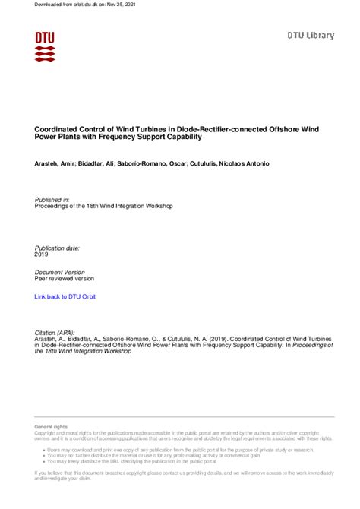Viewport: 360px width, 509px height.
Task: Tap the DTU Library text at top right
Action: coord(311,36)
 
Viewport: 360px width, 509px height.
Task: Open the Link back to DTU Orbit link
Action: coord(65,296)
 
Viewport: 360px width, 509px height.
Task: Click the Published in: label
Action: coord(52,199)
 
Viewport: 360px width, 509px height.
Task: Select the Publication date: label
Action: coord(58,248)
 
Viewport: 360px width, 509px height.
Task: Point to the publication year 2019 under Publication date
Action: coord(43,255)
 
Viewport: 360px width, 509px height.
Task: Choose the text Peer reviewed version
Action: coord(65,278)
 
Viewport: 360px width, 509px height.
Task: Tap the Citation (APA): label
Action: coord(56,333)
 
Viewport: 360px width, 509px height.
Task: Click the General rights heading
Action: coord(50,428)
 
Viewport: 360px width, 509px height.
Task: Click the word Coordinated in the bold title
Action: coord(58,129)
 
